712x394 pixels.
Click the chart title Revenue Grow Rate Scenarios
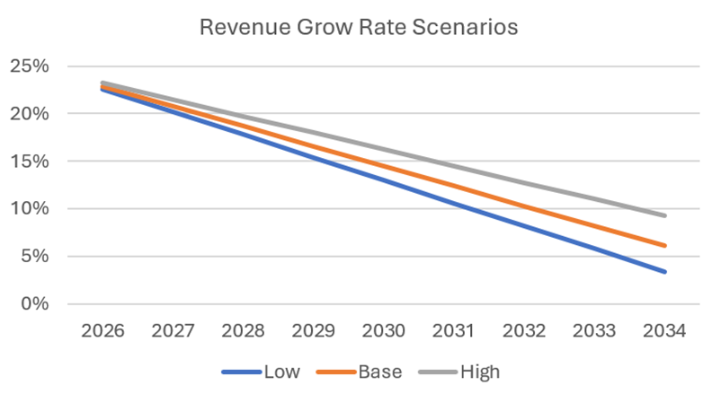(358, 27)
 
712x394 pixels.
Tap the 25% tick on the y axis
(30, 67)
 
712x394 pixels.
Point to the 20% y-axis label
(30, 115)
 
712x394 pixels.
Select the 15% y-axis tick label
(30, 162)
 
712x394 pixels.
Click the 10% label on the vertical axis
(30, 209)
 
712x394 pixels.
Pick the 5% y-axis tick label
(34, 257)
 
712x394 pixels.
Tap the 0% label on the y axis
(34, 303)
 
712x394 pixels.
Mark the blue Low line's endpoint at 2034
(664, 271)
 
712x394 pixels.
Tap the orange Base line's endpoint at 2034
(664, 245)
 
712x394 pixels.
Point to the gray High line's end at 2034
(664, 215)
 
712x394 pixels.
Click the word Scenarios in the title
(468, 27)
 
